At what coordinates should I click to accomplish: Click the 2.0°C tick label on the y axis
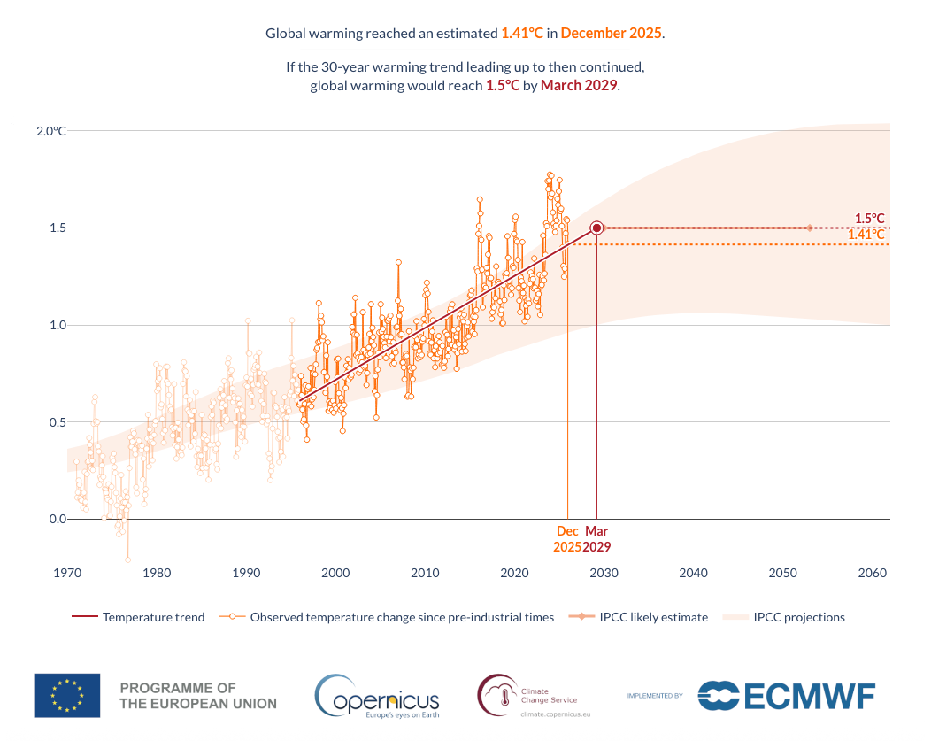coord(50,131)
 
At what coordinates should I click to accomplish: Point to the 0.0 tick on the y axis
coord(56,519)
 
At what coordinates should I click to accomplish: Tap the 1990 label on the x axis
coord(246,573)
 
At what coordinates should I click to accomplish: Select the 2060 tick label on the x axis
coord(873,573)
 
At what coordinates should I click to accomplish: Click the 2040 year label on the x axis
coord(693,573)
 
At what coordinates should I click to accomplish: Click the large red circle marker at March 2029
coord(596,228)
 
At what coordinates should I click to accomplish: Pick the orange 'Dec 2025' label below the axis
coord(567,539)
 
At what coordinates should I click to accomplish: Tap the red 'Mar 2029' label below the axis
coord(596,539)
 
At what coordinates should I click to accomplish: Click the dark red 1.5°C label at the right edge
coord(869,218)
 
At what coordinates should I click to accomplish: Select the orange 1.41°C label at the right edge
coord(866,235)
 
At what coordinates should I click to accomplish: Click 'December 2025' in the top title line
coord(611,34)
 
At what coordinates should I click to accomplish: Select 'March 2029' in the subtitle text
coord(580,86)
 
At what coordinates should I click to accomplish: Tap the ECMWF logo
coord(786,696)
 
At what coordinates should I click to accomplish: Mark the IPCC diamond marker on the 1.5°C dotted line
coord(809,228)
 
